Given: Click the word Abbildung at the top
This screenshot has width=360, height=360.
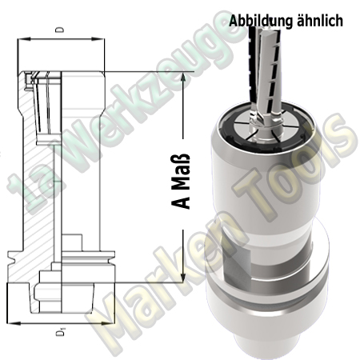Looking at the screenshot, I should [258, 22].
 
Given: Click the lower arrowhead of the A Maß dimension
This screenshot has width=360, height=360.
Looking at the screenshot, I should [185, 282].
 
